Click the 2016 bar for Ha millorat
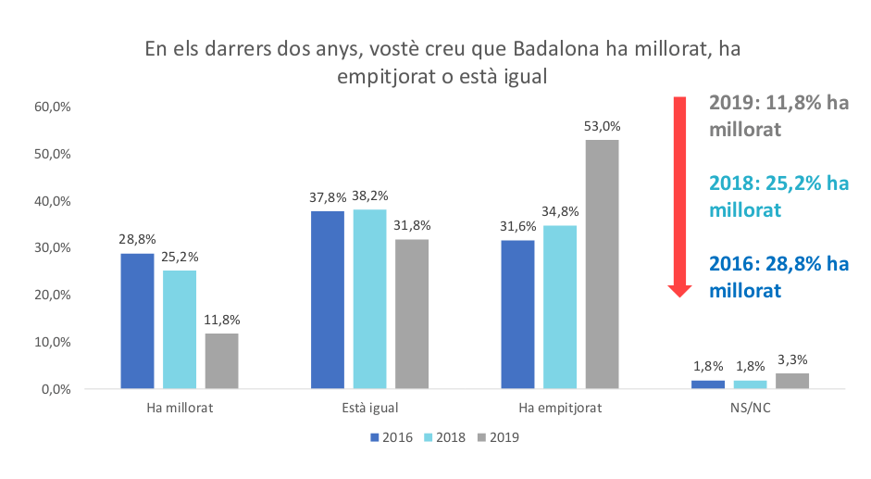tap(137, 321)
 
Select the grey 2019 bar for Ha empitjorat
tap(602, 264)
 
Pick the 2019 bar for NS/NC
tap(792, 381)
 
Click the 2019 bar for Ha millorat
tap(221, 360)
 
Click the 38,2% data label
tap(370, 195)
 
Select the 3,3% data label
tap(792, 359)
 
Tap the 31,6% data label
tap(517, 226)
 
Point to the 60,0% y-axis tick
tap(54, 107)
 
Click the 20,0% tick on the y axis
tap(54, 295)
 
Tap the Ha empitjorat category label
tap(561, 408)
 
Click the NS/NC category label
tap(750, 408)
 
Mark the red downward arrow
tap(679, 195)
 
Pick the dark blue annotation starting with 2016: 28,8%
tap(778, 277)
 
